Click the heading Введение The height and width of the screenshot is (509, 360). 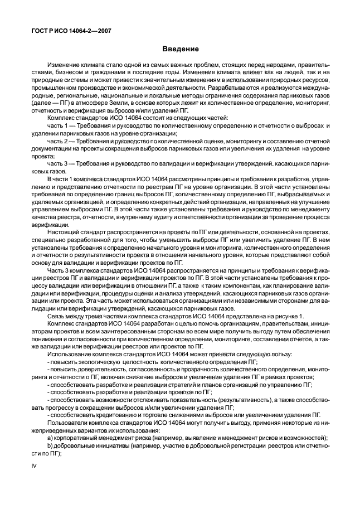pos(180,50)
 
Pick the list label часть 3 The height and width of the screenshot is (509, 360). pos(56,163)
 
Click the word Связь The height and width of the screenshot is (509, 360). pos(56,317)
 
